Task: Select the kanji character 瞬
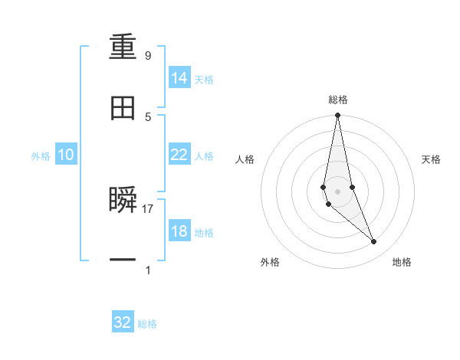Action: coord(123,200)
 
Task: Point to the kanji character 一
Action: coord(123,261)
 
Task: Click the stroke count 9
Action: coord(148,56)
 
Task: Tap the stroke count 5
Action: coord(148,116)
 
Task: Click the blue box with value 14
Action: coord(179,78)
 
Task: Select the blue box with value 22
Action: coord(179,155)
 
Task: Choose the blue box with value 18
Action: coord(179,231)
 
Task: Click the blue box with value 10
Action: coord(66,155)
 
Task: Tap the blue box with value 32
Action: coord(123,322)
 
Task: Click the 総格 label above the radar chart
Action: coord(338,100)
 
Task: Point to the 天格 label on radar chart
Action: coord(431,159)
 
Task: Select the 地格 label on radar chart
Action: coord(402,262)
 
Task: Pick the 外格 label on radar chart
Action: coord(270,262)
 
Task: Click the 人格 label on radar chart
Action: coord(245,159)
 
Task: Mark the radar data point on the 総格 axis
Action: coord(337,116)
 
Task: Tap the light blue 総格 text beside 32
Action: coord(147,324)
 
